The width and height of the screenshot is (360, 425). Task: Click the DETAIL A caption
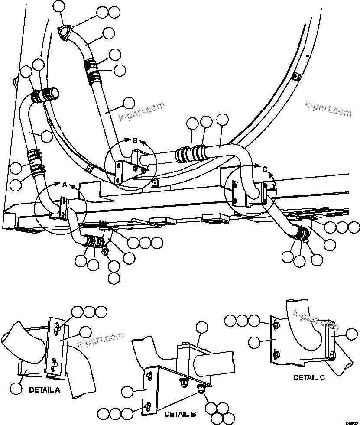(x=45, y=389)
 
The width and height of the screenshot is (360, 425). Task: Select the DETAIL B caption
(x=180, y=414)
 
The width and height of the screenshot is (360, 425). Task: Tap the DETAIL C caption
(x=309, y=377)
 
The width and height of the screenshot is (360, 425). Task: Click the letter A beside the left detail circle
(x=65, y=185)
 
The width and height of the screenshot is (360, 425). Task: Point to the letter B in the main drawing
(x=135, y=141)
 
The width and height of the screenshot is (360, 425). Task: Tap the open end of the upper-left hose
(x=54, y=92)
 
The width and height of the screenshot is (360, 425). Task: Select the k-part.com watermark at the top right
(x=328, y=109)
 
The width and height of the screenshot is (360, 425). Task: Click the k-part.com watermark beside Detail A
(x=100, y=341)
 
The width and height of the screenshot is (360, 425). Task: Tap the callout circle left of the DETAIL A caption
(x=16, y=389)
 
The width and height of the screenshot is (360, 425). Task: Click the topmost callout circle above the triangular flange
(x=59, y=6)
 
